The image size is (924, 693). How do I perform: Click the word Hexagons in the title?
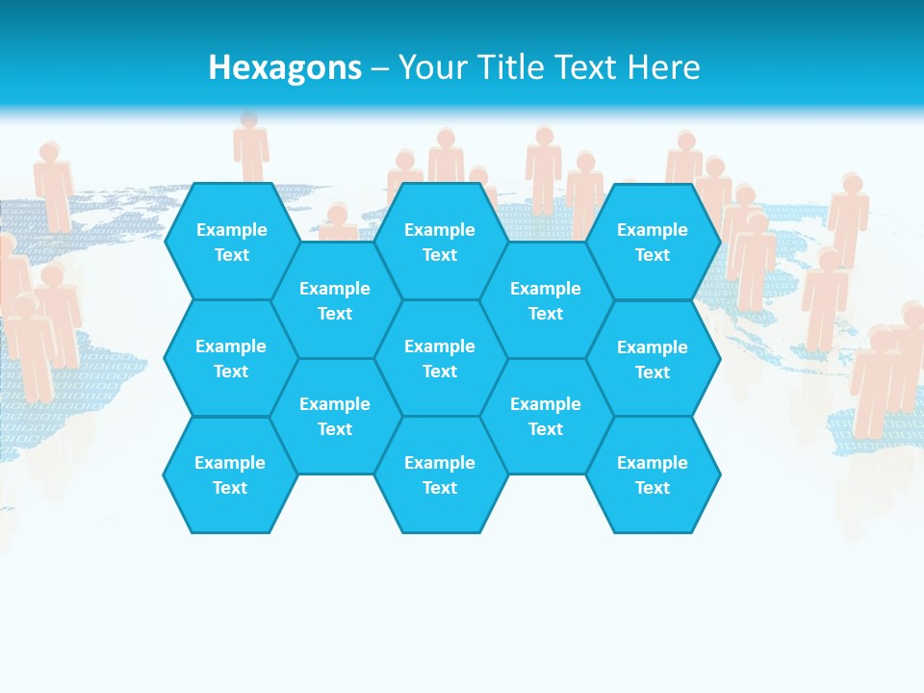(285, 67)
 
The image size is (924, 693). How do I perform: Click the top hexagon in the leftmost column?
(231, 242)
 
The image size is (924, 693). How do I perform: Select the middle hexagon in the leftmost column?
(231, 358)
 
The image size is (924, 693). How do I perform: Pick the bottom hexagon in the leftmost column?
(230, 475)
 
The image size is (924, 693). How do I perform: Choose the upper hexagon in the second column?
(335, 300)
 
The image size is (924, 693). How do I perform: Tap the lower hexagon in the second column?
(335, 416)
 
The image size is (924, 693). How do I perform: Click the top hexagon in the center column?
(440, 242)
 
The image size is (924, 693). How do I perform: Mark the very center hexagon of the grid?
(440, 358)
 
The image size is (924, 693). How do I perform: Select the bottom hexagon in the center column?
(440, 475)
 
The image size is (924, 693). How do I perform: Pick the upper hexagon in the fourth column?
(546, 300)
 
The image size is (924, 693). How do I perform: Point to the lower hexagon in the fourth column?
(546, 416)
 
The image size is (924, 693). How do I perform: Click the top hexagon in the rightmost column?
(653, 242)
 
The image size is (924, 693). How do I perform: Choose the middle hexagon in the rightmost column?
(653, 359)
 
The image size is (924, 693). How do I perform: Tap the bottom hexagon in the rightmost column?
(653, 475)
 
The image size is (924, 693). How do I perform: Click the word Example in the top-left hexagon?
(231, 230)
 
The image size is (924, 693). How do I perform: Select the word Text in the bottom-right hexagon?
(653, 488)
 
